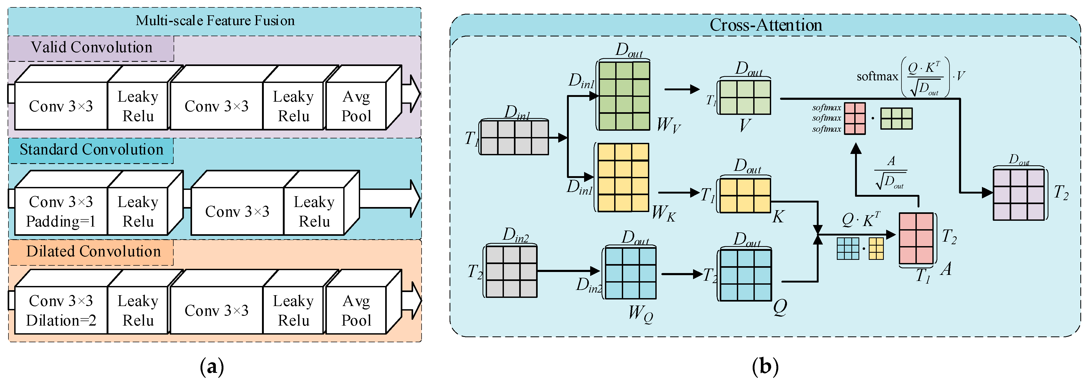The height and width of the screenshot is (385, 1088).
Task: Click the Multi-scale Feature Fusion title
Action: [215, 21]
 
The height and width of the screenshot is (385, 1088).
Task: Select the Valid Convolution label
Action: [91, 47]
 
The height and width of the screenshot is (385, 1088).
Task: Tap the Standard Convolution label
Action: [91, 150]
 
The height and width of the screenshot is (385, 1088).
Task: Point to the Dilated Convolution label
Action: [93, 251]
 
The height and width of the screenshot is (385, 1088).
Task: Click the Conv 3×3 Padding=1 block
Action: [61, 211]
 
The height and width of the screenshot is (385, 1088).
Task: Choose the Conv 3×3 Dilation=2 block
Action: [61, 310]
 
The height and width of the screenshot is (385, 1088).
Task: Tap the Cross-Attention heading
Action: [765, 25]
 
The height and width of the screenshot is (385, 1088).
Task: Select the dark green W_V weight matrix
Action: [624, 96]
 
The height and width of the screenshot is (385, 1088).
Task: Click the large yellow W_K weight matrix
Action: [623, 177]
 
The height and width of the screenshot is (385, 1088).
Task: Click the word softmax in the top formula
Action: [877, 77]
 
